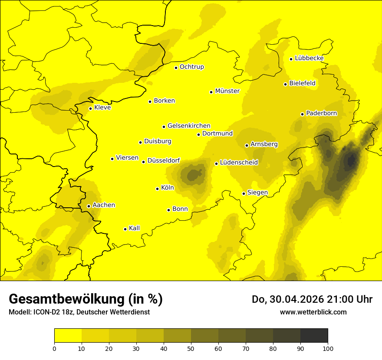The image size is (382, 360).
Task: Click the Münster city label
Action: tap(227, 91)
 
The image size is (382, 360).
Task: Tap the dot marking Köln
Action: tap(158, 189)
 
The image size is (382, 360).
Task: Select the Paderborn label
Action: tap(321, 113)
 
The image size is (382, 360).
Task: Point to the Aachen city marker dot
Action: tap(89, 206)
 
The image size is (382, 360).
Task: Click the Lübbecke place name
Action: tap(309, 58)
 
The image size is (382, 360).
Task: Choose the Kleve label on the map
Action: tap(102, 108)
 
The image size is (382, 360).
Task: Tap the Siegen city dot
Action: tap(244, 193)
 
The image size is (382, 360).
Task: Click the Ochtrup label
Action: tap(191, 67)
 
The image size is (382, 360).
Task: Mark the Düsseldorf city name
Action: tap(164, 160)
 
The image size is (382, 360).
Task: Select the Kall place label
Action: tap(134, 228)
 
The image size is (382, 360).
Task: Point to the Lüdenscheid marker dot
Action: tap(216, 164)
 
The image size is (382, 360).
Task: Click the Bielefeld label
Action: tap(302, 83)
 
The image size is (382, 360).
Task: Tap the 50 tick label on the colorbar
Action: tap(191, 348)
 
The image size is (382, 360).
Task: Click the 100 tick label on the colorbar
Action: tap(328, 348)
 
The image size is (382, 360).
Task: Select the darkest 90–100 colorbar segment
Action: tap(314, 336)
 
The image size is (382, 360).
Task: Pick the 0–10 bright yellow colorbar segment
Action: tap(68, 336)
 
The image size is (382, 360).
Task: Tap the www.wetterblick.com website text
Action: tap(313, 312)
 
